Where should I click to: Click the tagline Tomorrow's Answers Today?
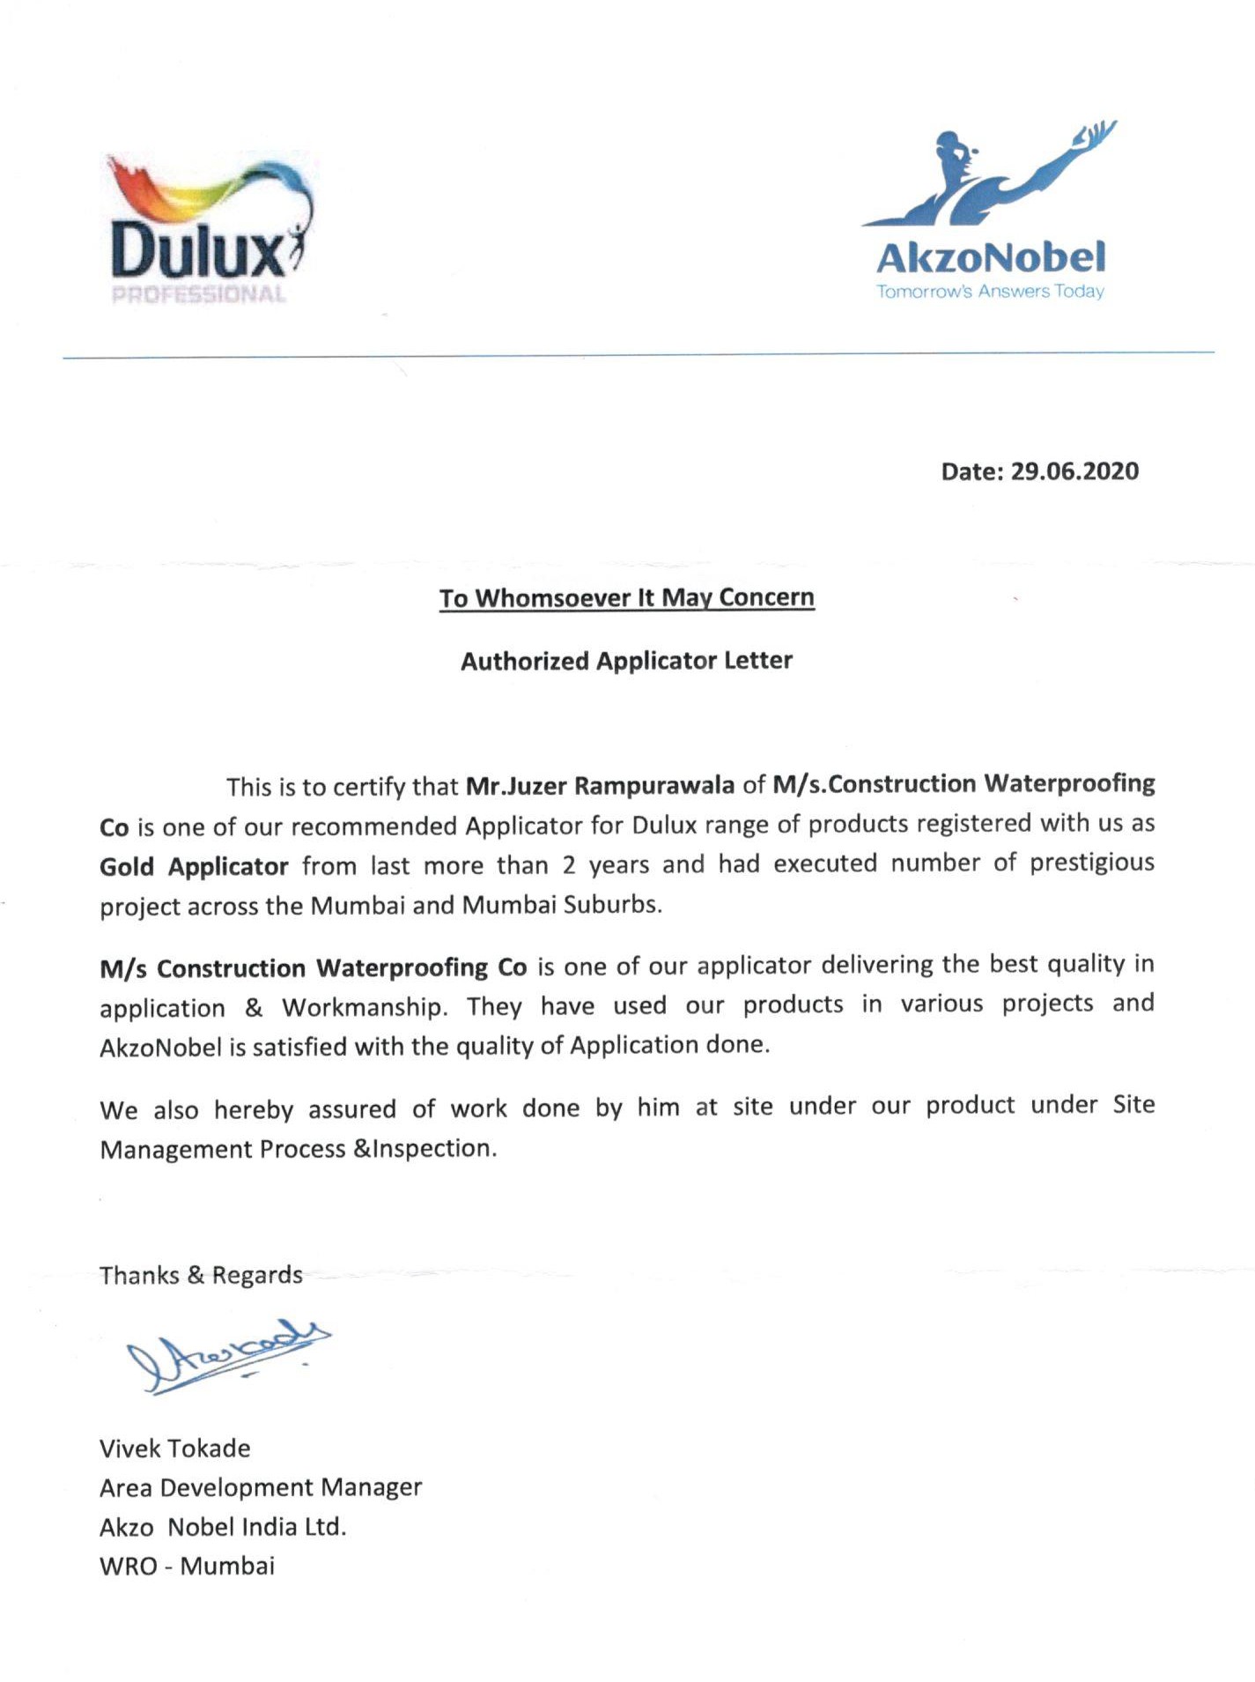(x=990, y=292)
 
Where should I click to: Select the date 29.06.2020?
(x=1074, y=471)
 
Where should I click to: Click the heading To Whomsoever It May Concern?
(x=627, y=598)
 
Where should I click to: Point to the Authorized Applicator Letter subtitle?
(x=626, y=661)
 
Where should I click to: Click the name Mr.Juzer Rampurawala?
(x=600, y=785)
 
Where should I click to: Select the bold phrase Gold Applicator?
(x=194, y=867)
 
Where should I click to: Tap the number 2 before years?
(x=569, y=865)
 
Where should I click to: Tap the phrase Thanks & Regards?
(x=201, y=1276)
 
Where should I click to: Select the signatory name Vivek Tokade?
(x=174, y=1449)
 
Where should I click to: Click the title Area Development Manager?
(x=261, y=1488)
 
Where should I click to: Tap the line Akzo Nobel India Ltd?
(x=223, y=1527)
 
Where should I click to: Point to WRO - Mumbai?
(x=187, y=1567)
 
